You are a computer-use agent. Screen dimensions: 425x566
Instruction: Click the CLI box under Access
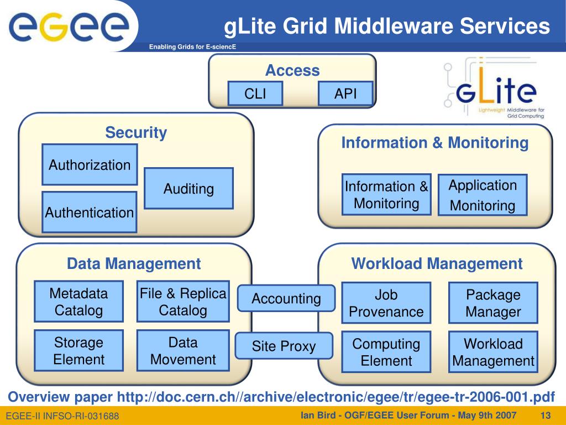pos(255,94)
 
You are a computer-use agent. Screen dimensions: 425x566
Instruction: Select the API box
pos(345,94)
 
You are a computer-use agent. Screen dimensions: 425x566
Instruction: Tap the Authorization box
pos(90,164)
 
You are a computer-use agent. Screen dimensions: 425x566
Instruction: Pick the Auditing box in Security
pos(188,189)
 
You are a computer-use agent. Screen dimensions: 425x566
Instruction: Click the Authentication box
pos(90,212)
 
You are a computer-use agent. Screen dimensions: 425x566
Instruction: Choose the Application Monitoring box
pos(483,195)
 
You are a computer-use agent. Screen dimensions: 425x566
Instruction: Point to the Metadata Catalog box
pos(78,302)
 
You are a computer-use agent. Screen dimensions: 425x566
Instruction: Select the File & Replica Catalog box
pos(183,302)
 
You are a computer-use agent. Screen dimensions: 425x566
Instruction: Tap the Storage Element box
pos(78,351)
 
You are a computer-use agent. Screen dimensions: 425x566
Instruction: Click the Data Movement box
pos(183,351)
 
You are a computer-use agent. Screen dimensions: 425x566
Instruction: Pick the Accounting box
pos(286,299)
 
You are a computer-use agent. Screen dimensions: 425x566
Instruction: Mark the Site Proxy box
pos(284,346)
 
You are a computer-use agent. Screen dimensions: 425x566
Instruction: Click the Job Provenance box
pos(386,303)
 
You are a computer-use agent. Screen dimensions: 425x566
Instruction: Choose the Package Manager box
pos(493,303)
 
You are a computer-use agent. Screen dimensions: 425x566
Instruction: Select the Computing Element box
pos(386,352)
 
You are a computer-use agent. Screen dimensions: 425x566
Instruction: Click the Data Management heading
pos(134,264)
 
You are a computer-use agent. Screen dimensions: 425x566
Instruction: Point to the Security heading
pos(136,133)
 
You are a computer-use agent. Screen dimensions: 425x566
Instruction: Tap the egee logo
pos(69,27)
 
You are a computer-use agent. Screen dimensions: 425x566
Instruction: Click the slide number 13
pos(546,415)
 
